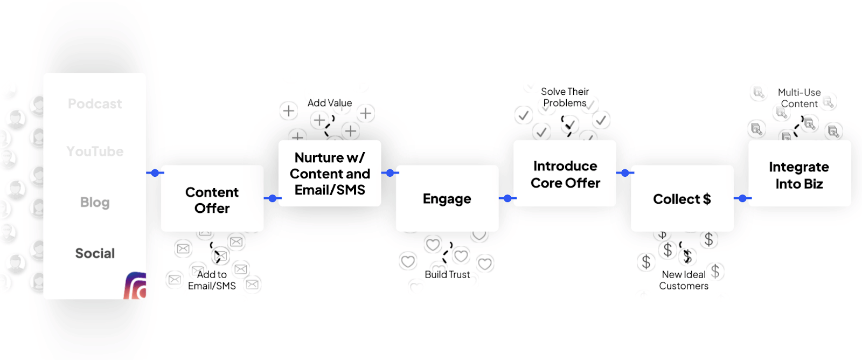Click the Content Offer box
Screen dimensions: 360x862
tap(212, 199)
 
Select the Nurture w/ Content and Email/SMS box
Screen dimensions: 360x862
tap(330, 174)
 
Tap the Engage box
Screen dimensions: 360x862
tap(447, 199)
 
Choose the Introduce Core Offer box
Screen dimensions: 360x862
tap(565, 174)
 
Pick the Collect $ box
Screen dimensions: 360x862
tap(682, 199)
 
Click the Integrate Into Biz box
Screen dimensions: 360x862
tap(799, 175)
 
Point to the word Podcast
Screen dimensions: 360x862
tap(95, 103)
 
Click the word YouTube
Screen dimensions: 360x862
tap(95, 151)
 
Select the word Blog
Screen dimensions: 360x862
tap(95, 202)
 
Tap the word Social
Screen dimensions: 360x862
tap(95, 253)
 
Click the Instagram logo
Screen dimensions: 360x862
tap(136, 286)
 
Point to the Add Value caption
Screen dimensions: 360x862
tap(330, 103)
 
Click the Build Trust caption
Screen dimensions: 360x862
tap(447, 274)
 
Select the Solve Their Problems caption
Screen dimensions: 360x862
tap(565, 97)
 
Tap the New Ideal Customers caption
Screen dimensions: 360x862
tap(684, 280)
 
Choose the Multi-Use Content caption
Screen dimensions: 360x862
tap(800, 98)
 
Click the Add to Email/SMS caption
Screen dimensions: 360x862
tap(212, 280)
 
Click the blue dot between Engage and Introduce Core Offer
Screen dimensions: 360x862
tap(508, 198)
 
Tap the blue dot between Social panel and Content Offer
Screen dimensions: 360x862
tap(155, 173)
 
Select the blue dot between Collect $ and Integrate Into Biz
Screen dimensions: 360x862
tap(742, 198)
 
